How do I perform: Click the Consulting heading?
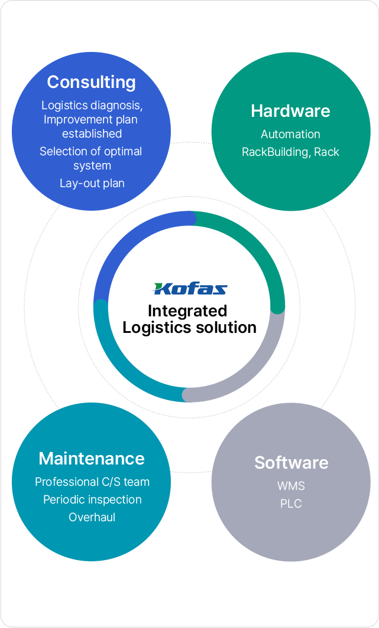coord(91,82)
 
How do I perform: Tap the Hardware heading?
coord(290,111)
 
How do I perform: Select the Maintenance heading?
coord(92,459)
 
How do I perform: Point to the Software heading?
coord(291,463)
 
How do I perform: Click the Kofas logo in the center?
coord(190,289)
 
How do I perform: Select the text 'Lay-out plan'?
coord(92,183)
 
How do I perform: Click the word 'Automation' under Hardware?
coord(290,135)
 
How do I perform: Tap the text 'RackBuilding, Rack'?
coord(290,152)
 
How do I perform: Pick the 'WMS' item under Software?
coord(291,486)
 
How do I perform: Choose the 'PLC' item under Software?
coord(291,504)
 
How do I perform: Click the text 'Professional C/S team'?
coord(92,482)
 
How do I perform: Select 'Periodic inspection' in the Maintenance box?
coord(92,500)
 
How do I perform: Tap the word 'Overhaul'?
coord(92,518)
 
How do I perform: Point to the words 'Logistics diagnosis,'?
coord(92,106)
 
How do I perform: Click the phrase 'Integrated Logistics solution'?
coord(189,319)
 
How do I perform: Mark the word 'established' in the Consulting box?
coord(92,133)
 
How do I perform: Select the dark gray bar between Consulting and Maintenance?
coord(57,306)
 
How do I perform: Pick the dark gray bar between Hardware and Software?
coord(321,306)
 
